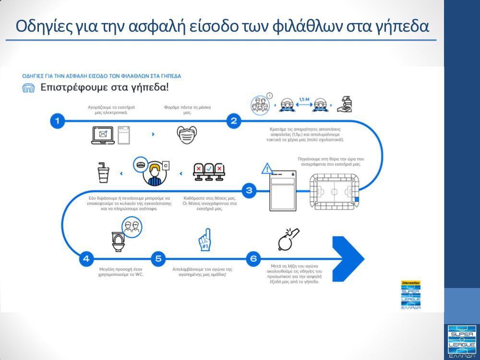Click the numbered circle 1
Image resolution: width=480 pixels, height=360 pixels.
(57, 121)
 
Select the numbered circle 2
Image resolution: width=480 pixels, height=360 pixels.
(233, 121)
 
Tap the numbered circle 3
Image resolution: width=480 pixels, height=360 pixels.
(249, 190)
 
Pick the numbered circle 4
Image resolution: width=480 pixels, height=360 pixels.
(86, 259)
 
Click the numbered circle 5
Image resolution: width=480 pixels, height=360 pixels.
(158, 259)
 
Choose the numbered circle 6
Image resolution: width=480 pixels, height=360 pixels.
(253, 259)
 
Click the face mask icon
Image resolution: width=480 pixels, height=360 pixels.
(187, 134)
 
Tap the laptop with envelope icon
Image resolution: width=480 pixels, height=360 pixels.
(102, 135)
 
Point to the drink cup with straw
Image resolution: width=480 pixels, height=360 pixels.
(103, 173)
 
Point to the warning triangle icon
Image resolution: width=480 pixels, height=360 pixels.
(267, 168)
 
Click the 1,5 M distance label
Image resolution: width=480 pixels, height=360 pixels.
(304, 100)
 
